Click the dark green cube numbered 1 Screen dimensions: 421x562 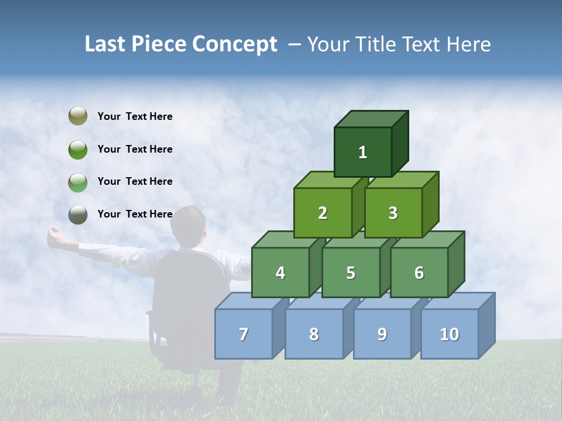pos(363,152)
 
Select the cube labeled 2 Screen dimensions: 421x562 pos(323,213)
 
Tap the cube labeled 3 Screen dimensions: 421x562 pos(393,213)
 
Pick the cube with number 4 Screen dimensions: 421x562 pos(280,272)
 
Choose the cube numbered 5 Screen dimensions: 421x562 pos(351,272)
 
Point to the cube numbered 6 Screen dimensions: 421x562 pos(419,272)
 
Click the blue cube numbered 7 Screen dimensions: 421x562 pos(244,334)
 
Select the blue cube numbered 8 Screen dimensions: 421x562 pos(314,334)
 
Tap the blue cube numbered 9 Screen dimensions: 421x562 pos(382,334)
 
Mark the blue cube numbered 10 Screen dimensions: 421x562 pos(450,334)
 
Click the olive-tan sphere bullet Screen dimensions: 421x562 pos(78,116)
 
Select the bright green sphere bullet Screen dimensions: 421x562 pos(78,149)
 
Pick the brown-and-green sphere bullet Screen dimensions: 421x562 pos(78,182)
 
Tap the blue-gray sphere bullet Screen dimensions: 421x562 pos(78,215)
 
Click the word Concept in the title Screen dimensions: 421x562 pos(234,44)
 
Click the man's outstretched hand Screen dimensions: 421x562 pos(56,235)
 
